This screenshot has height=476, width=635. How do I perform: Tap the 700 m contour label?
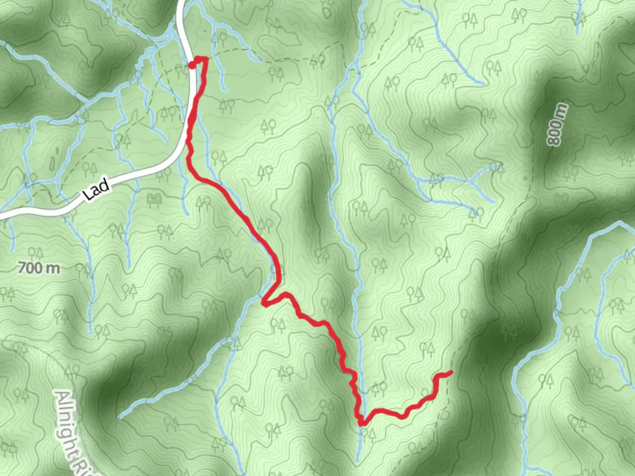(x=39, y=268)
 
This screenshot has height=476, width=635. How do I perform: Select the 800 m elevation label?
(x=557, y=125)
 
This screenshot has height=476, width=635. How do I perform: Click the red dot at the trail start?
(x=192, y=66)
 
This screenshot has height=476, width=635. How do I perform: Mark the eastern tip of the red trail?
(x=451, y=372)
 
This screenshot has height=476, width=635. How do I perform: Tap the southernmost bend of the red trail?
(x=362, y=424)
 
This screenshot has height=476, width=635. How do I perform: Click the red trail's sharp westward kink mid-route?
(x=263, y=302)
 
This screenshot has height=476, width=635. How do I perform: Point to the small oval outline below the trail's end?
(x=444, y=415)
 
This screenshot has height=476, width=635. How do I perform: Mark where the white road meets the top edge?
(x=181, y=1)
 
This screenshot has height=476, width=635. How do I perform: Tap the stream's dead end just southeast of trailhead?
(x=226, y=91)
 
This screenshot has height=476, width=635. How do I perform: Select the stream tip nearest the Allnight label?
(x=120, y=416)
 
